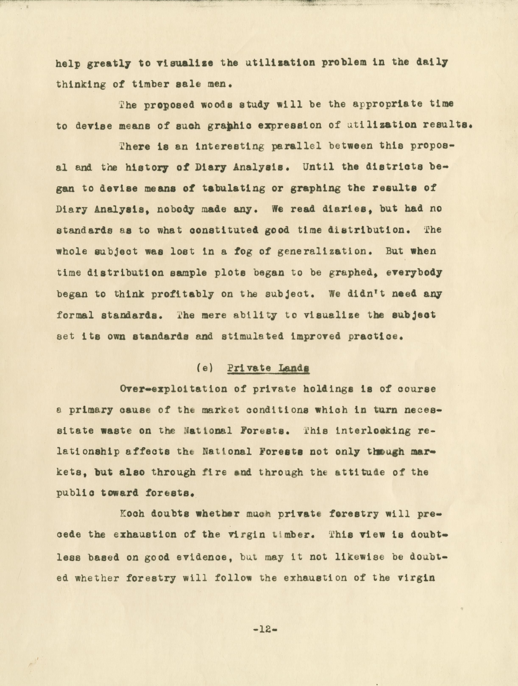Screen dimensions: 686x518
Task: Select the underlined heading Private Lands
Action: click(x=269, y=368)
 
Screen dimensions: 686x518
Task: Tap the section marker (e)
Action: click(x=205, y=368)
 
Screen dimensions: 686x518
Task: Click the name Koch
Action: click(x=132, y=514)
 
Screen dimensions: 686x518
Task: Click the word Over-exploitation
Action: click(x=174, y=389)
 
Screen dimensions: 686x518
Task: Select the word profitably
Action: click(x=182, y=294)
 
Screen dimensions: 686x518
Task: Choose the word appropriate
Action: click(x=387, y=105)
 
